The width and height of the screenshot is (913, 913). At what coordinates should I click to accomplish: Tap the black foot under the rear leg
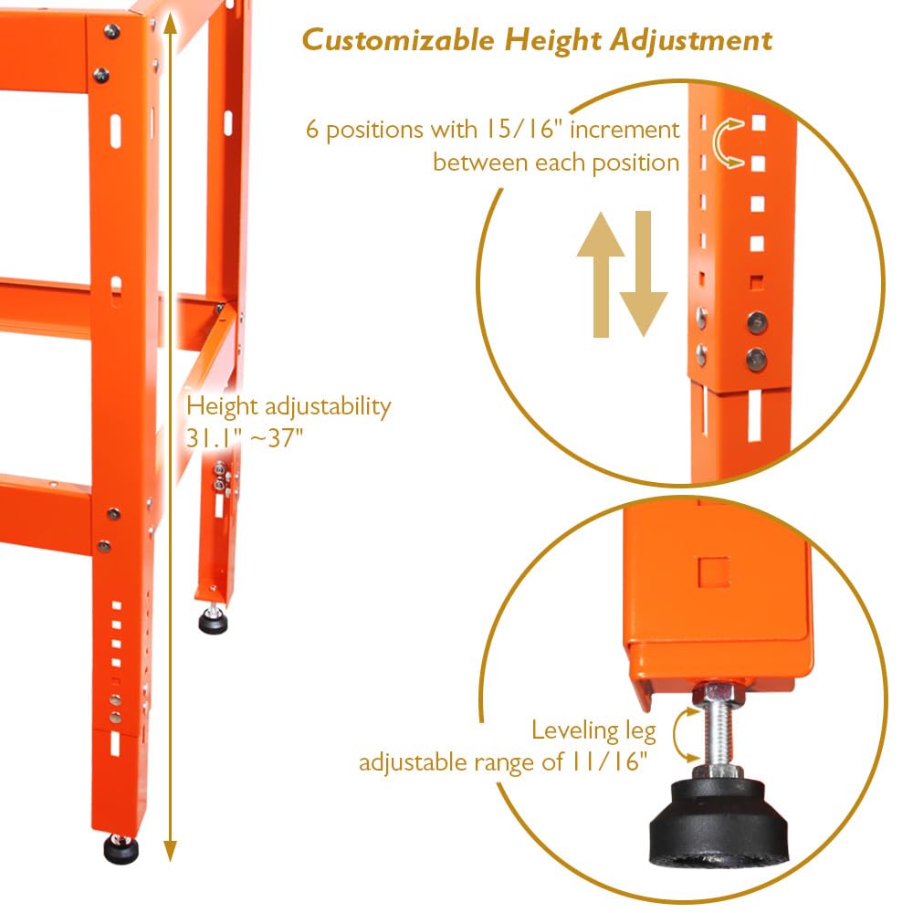tap(215, 624)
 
